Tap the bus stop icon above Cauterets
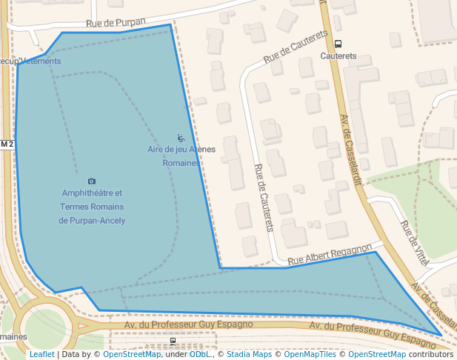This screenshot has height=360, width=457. point(338,44)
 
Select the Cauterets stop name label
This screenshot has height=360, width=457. point(338,56)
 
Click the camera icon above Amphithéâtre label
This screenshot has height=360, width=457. point(92,181)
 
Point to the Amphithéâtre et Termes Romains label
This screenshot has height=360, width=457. point(92,207)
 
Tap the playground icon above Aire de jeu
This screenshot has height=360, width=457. point(181,138)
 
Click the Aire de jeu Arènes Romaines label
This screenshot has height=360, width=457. point(181,156)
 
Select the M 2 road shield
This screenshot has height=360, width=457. point(7,144)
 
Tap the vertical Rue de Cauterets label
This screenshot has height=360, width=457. point(264,197)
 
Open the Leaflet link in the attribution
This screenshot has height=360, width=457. point(41,355)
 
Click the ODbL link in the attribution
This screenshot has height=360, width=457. point(199,355)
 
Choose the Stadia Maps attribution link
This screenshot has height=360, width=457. point(247,355)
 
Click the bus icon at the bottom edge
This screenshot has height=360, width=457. point(173,341)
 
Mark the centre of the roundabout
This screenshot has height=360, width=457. point(44,327)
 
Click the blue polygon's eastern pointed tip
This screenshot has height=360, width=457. point(441,336)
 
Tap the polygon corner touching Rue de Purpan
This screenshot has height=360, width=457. point(170,25)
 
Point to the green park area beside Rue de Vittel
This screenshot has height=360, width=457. point(400,185)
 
